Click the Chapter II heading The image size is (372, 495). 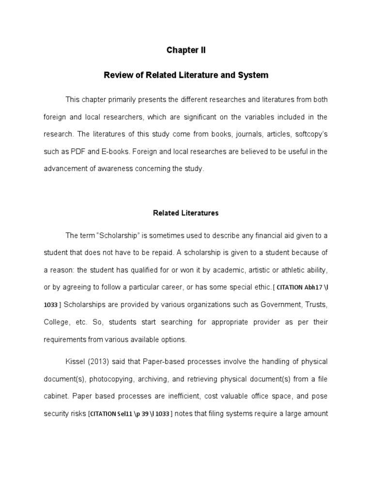(x=186, y=50)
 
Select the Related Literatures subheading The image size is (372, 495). (x=186, y=213)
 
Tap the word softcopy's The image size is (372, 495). (x=307, y=134)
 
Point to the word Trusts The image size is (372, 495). (x=313, y=305)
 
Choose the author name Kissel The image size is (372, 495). (x=76, y=362)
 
